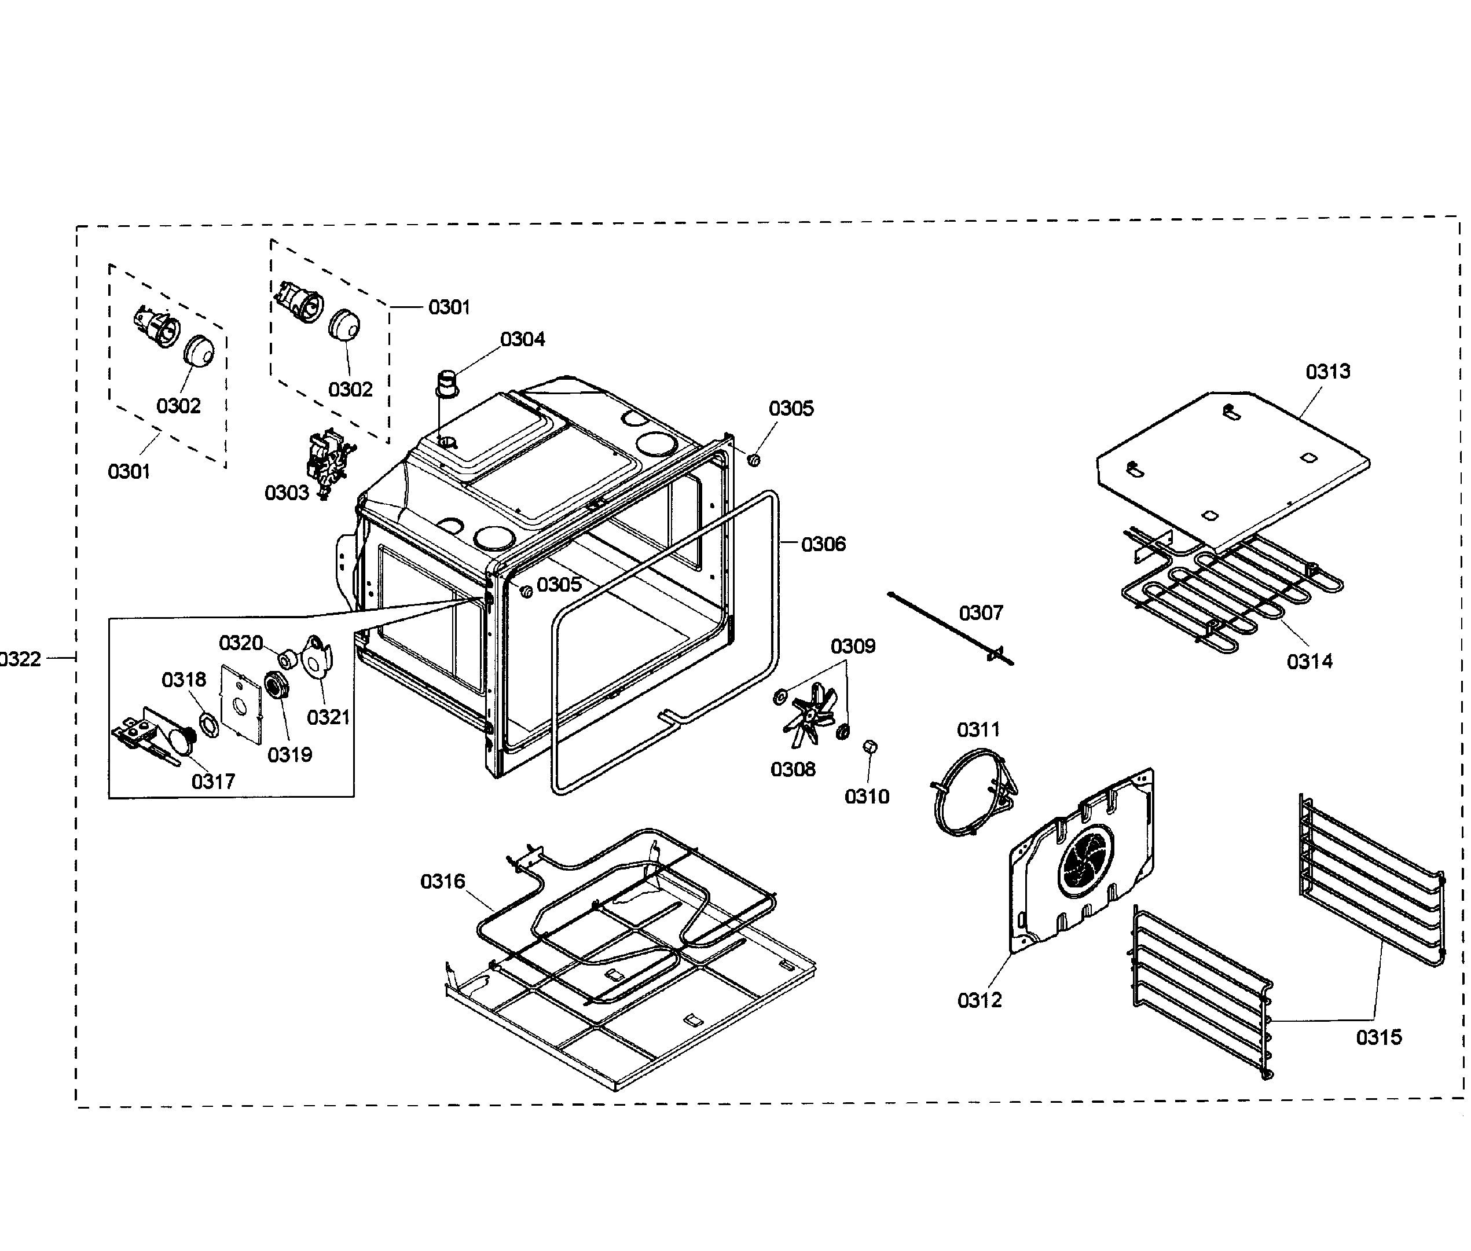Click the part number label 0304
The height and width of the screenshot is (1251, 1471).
coord(522,340)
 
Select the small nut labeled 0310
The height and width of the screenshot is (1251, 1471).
coord(870,747)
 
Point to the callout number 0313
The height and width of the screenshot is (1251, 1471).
coord(1328,372)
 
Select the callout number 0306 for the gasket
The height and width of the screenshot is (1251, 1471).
coord(823,545)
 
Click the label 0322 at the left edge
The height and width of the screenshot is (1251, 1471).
coord(20,659)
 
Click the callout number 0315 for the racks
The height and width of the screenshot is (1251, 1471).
coord(1378,1037)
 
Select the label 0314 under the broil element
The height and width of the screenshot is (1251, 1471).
coord(1309,662)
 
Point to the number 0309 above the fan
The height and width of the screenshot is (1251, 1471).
coord(853,647)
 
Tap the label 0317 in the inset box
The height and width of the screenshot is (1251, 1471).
coord(213,782)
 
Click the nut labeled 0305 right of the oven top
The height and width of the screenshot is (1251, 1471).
coord(755,460)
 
